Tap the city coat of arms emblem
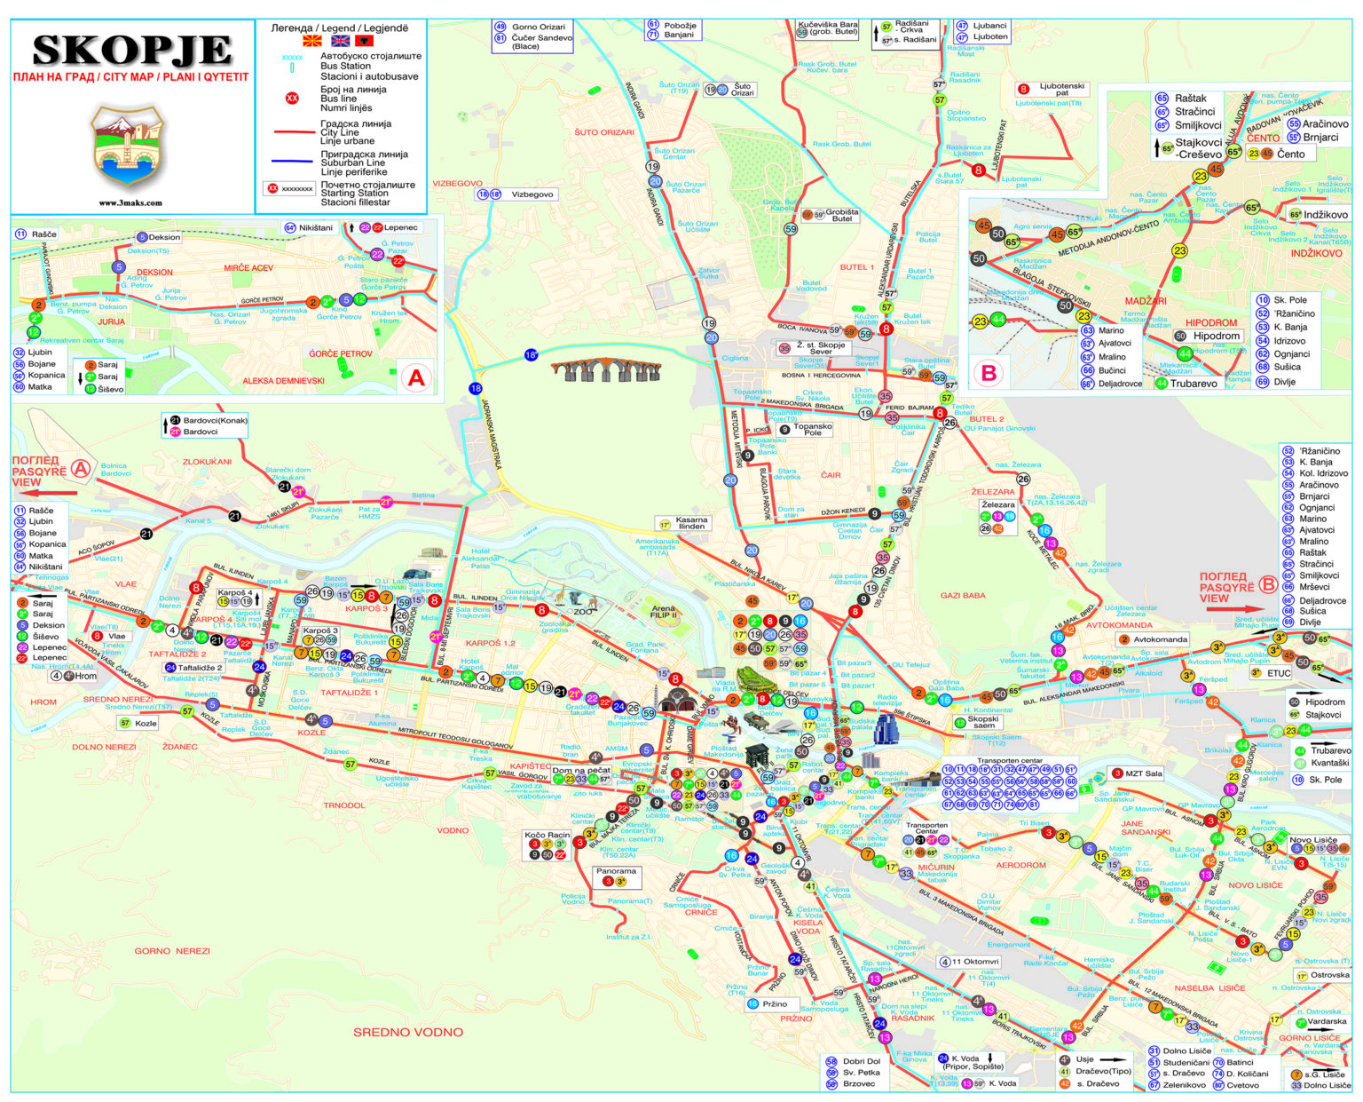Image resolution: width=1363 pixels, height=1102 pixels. pos(130,146)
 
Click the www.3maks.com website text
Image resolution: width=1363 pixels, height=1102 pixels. pos(130,202)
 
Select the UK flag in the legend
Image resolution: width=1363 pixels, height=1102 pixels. pos(340,41)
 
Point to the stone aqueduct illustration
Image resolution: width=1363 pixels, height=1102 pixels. pos(605,370)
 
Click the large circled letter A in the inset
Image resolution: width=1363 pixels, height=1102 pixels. pos(416,377)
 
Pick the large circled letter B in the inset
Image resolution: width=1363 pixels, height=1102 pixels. pos(989,373)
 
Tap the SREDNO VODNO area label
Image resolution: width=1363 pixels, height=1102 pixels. pos(407,1032)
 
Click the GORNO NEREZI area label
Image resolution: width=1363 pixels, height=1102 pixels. pos(172,951)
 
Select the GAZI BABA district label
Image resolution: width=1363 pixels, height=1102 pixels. pos(962,595)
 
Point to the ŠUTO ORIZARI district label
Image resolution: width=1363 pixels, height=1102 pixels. pos(604,132)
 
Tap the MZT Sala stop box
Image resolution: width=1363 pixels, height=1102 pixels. pos(1138,773)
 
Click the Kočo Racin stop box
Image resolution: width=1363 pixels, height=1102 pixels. pos(547,844)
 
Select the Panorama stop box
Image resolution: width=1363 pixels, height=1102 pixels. pos(616,876)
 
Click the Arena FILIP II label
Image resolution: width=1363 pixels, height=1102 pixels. pos(663,613)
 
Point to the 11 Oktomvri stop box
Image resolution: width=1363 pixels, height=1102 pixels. pos(970,962)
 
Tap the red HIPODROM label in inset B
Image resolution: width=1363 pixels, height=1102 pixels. pos(1211,323)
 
